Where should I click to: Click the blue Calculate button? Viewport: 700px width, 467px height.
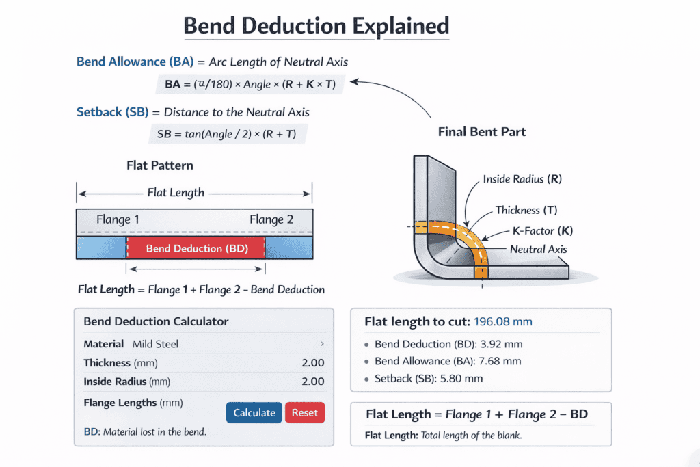pos(254,412)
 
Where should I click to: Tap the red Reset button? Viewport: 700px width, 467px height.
pos(305,412)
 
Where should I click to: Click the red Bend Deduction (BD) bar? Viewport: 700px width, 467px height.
pos(196,248)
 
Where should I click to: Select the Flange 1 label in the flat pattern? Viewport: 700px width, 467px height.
pos(118,219)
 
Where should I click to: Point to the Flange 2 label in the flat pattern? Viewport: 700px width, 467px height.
pos(271,219)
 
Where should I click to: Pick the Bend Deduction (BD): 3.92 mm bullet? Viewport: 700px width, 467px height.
pos(448,344)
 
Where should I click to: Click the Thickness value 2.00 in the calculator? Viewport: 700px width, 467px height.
pos(312,363)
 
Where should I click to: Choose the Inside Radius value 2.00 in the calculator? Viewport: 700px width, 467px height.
pos(312,382)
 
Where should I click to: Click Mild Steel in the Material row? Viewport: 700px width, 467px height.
pos(157,344)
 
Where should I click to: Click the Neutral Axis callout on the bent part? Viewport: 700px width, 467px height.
pos(538,249)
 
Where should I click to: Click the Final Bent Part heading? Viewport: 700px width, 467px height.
pos(482,131)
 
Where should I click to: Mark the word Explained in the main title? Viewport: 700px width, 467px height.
pos(401,26)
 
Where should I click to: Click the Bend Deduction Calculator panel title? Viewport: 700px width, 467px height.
pos(156,321)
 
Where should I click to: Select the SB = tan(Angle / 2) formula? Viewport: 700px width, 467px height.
pos(226,134)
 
